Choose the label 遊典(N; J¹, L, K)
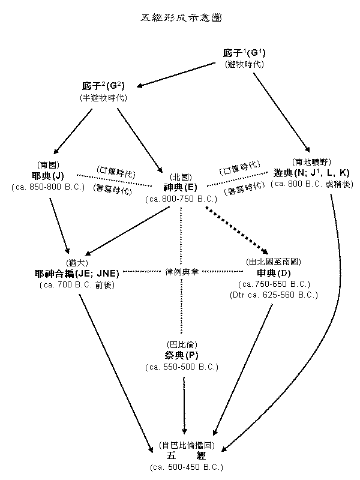pyautogui.click(x=311, y=173)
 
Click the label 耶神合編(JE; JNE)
pyautogui.click(x=77, y=274)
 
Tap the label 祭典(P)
pyautogui.click(x=181, y=355)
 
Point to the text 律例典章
pyautogui.click(x=181, y=271)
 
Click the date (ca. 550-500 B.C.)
pyautogui.click(x=181, y=366)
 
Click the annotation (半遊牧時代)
pyautogui.click(x=104, y=98)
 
